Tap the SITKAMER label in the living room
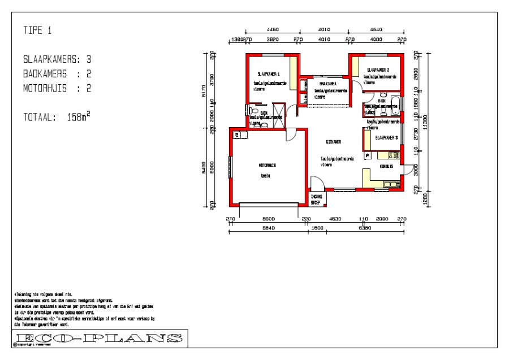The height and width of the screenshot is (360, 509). click(333, 142)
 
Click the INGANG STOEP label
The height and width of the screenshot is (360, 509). click(316, 199)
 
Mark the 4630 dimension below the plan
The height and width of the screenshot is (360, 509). click(335, 219)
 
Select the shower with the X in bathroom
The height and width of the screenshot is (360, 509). click(279, 111)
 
